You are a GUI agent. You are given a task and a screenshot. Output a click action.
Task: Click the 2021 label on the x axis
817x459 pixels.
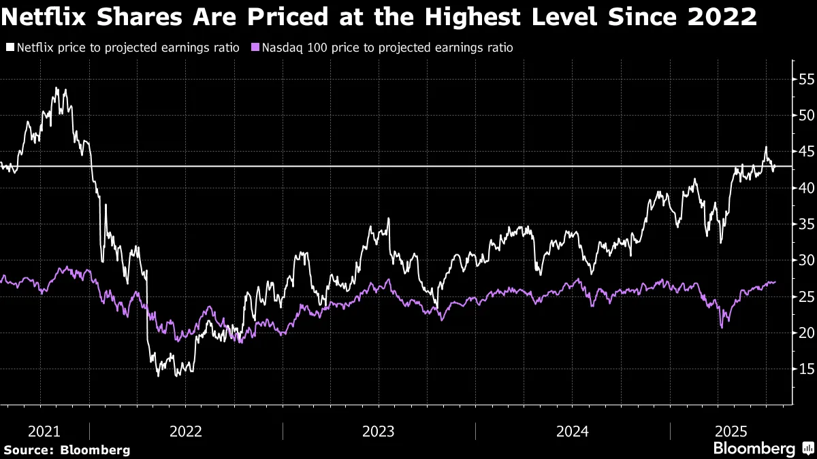click(x=44, y=431)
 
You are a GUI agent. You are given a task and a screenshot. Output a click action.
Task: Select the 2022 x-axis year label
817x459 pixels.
click(x=186, y=431)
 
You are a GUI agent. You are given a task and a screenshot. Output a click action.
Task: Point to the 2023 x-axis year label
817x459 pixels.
click(x=379, y=431)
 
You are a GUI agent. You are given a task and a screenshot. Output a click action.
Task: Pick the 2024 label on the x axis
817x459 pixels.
click(x=572, y=431)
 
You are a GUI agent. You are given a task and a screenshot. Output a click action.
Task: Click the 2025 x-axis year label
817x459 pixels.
click(x=732, y=431)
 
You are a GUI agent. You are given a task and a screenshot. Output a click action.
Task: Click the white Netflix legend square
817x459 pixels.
click(x=10, y=48)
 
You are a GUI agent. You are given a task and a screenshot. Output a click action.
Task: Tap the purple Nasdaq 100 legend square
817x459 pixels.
click(x=255, y=48)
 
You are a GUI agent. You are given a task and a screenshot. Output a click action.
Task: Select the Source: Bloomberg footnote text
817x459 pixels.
click(x=67, y=450)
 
